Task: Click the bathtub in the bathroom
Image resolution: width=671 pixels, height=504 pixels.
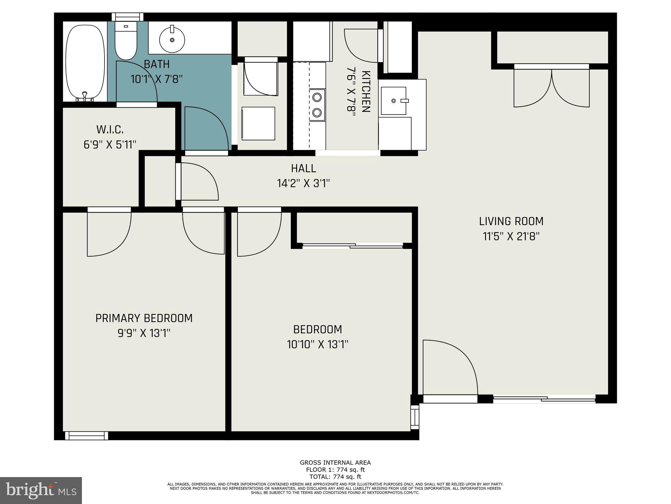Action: [x=85, y=62]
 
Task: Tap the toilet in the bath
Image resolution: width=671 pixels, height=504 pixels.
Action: [x=125, y=43]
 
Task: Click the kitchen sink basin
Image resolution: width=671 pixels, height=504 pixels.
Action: [x=393, y=101]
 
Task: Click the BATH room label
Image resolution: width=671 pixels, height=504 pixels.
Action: [x=157, y=64]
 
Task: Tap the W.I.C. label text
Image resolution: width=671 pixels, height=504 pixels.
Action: [x=110, y=130]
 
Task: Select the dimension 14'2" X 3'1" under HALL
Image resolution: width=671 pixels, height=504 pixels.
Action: [x=303, y=183]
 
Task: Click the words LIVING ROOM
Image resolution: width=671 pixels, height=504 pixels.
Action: [x=511, y=221]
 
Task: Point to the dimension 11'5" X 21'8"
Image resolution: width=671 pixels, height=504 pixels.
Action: [x=511, y=236]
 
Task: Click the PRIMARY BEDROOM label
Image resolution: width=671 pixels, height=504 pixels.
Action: [x=144, y=318]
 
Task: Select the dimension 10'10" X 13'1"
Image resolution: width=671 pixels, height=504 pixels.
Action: [x=317, y=345]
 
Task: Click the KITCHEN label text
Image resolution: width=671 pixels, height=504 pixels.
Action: [x=366, y=92]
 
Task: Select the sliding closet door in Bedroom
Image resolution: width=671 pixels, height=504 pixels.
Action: [x=353, y=245]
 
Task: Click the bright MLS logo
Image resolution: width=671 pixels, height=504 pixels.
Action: [x=41, y=491]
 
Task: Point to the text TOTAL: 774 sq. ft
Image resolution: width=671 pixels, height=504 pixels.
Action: [x=335, y=477]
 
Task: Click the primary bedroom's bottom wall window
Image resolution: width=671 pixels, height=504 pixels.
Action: [x=86, y=436]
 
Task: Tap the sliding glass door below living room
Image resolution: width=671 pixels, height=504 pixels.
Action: [x=544, y=399]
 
